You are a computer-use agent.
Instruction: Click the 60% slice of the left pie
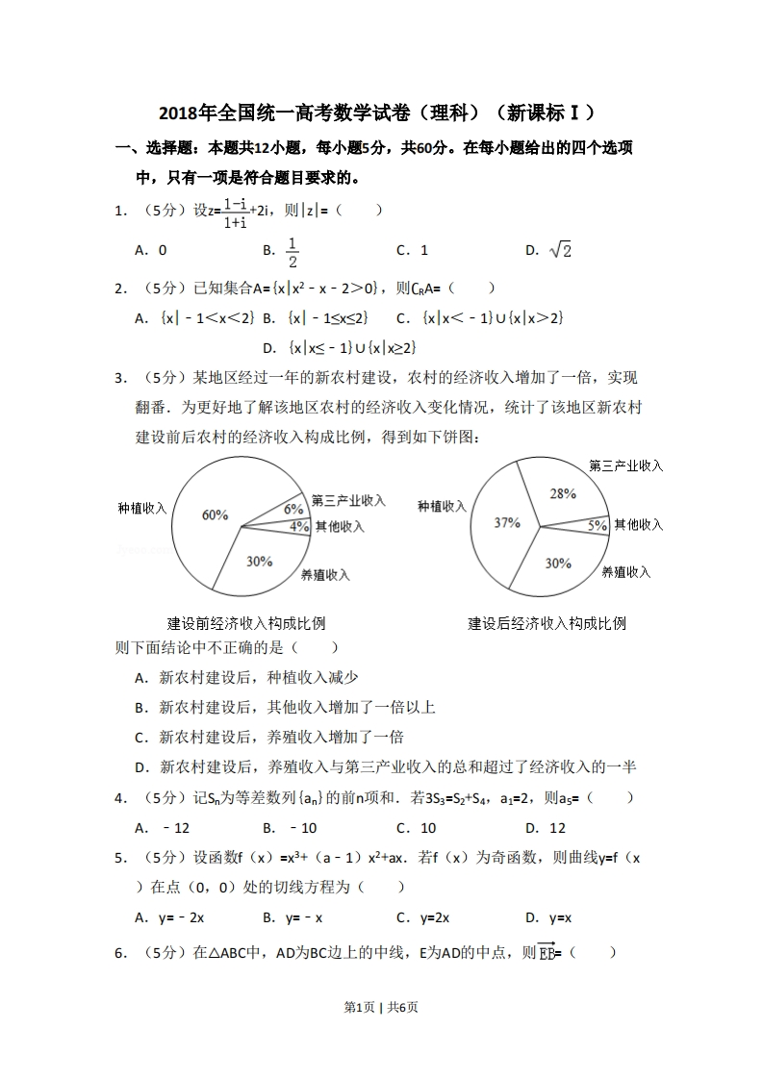[215, 515]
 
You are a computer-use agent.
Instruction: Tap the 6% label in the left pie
[293, 509]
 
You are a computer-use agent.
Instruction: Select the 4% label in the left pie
[298, 526]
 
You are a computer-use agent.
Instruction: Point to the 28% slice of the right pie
[563, 493]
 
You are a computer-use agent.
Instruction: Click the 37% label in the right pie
[507, 523]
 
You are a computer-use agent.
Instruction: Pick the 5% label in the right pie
[598, 525]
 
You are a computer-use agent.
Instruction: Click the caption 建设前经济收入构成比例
[246, 623]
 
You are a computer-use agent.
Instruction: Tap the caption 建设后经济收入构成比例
[547, 623]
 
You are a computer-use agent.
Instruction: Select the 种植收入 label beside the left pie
[142, 508]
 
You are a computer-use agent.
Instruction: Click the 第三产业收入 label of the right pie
[626, 465]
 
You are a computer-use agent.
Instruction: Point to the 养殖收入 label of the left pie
[325, 575]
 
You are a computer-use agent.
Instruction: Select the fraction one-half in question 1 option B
[292, 250]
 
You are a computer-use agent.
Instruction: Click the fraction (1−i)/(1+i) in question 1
[235, 213]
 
